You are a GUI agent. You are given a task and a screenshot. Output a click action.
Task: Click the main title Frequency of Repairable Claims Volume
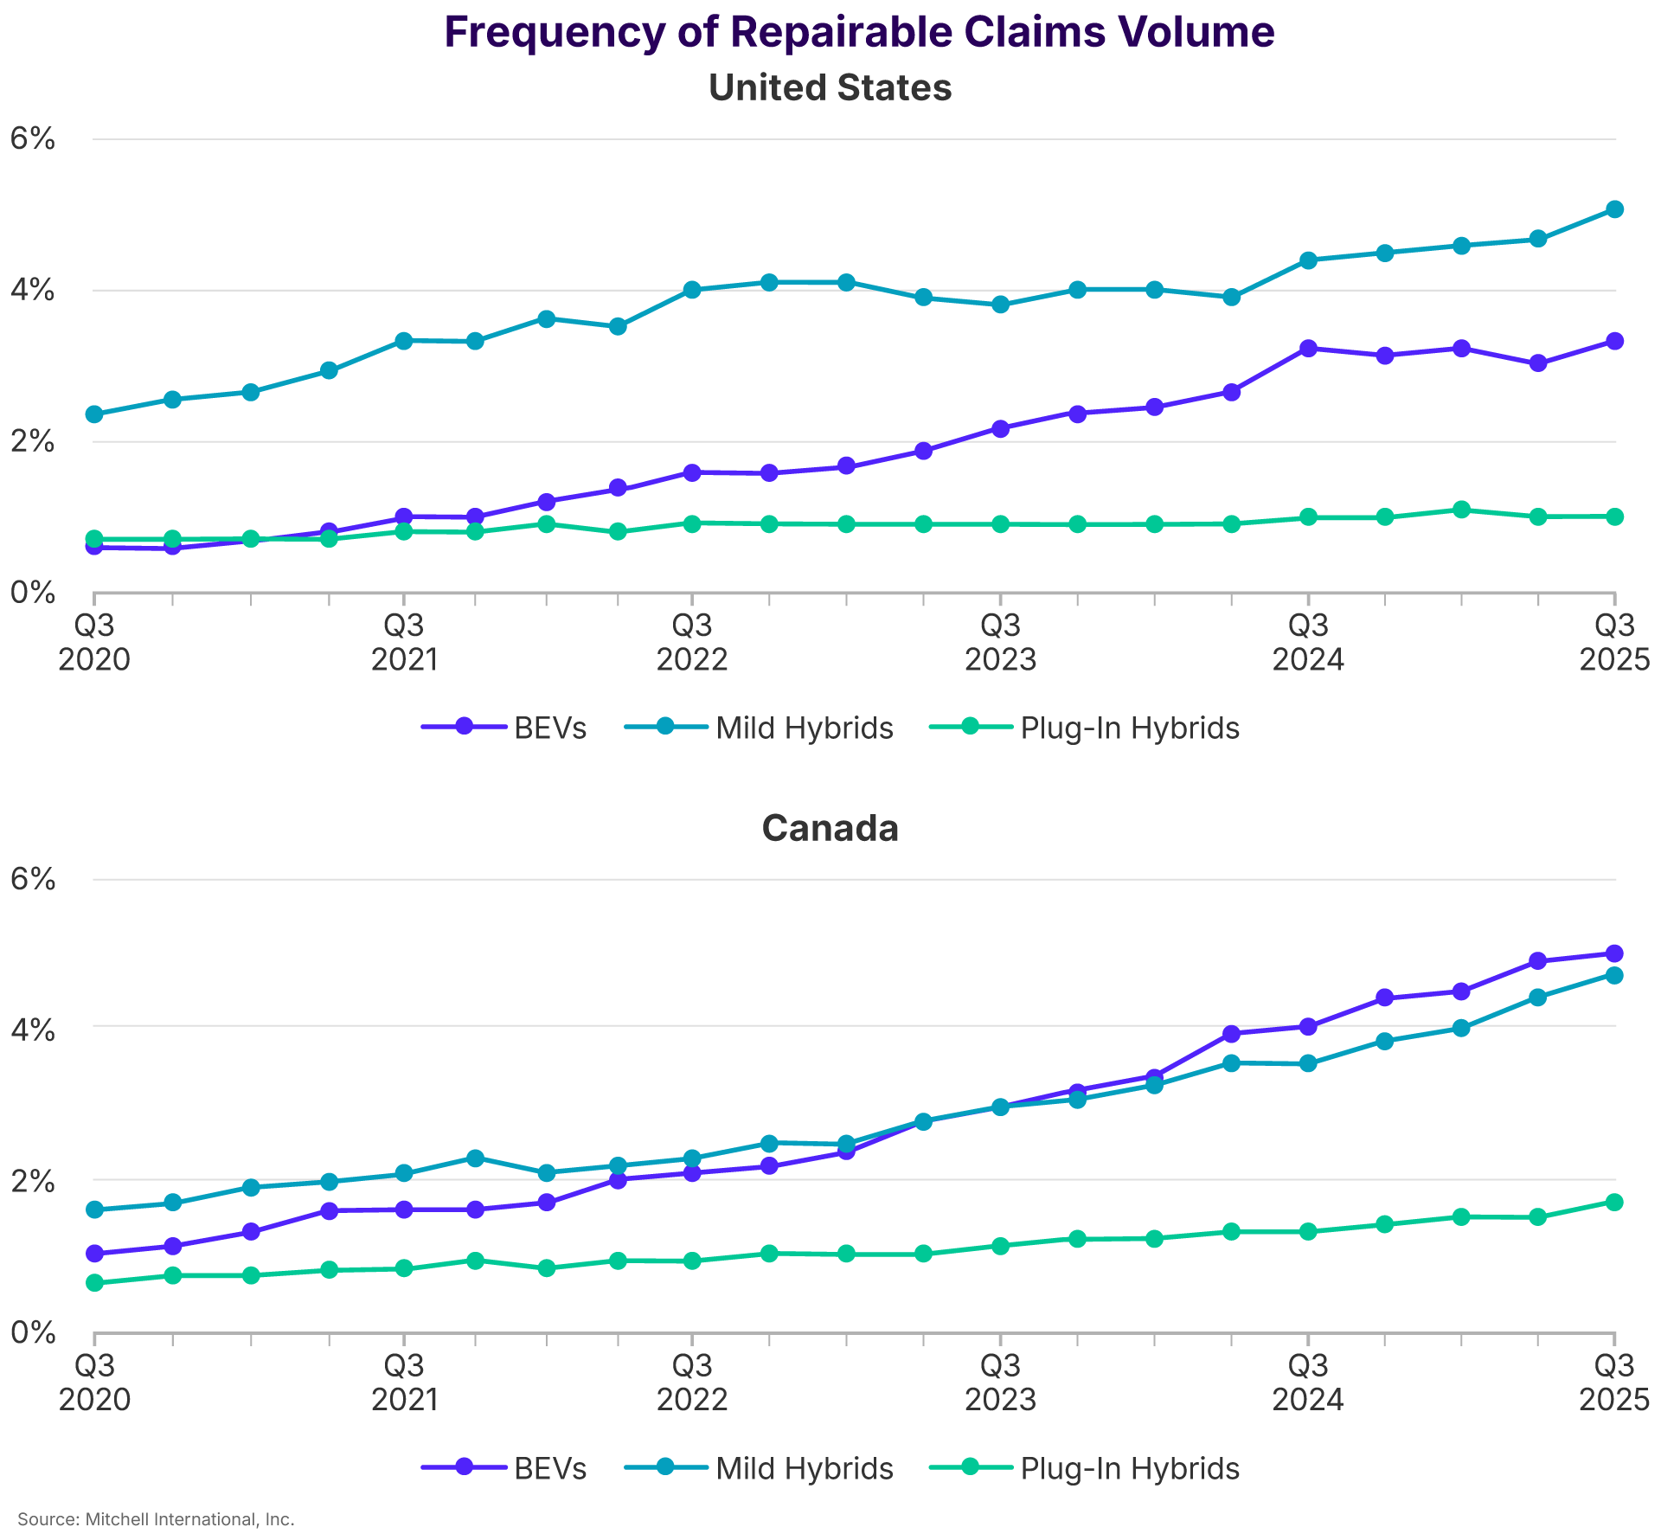(858, 33)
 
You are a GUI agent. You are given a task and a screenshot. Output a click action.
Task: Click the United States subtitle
(830, 88)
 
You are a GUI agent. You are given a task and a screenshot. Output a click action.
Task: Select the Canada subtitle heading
(830, 829)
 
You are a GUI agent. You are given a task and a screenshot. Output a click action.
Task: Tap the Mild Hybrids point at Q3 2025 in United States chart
(1613, 209)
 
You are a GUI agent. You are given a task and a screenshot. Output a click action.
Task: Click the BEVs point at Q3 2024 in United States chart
(1308, 349)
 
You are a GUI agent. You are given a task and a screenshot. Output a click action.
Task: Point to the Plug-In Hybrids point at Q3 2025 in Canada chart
(1613, 1202)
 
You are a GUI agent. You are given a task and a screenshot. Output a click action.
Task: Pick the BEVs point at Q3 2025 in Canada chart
(1613, 953)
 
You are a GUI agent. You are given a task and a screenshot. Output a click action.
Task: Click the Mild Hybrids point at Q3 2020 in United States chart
(94, 414)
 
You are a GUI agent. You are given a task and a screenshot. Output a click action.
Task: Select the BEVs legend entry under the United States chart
(504, 728)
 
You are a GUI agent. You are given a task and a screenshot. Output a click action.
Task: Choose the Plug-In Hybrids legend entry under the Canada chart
(1084, 1468)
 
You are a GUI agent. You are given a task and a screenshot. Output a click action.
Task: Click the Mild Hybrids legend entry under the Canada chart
(759, 1468)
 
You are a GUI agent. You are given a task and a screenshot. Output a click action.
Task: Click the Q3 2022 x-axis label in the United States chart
(691, 642)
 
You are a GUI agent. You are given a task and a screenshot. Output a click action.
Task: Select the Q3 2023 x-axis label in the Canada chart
(1000, 1383)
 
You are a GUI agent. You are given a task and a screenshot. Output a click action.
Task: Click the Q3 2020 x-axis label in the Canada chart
(94, 1383)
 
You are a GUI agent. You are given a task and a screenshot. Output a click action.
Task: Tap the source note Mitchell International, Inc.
(156, 1519)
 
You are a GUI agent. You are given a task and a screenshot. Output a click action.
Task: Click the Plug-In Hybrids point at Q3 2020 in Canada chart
(94, 1282)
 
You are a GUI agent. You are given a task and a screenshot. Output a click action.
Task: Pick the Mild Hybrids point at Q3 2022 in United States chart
(691, 290)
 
